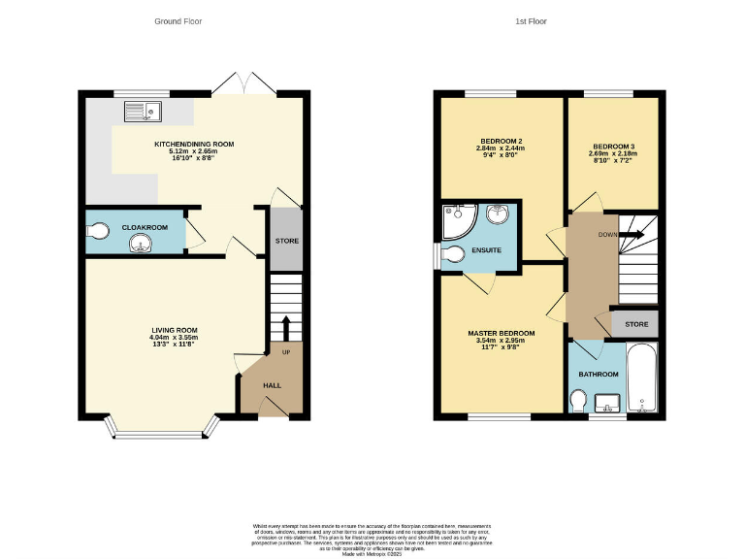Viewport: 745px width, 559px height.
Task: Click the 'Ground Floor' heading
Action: [x=178, y=20]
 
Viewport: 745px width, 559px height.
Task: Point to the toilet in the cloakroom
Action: [x=96, y=230]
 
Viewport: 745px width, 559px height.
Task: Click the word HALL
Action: [x=273, y=385]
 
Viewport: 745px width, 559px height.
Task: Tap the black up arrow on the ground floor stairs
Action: [x=285, y=328]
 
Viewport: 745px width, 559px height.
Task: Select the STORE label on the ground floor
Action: [x=286, y=241]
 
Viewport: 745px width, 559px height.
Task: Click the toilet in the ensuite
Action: [x=453, y=255]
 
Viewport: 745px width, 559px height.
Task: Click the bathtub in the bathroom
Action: [x=641, y=379]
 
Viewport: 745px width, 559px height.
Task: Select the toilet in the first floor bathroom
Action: [x=578, y=401]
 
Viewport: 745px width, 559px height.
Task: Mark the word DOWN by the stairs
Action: [x=606, y=235]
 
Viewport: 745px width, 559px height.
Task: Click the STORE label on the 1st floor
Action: [x=635, y=324]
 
